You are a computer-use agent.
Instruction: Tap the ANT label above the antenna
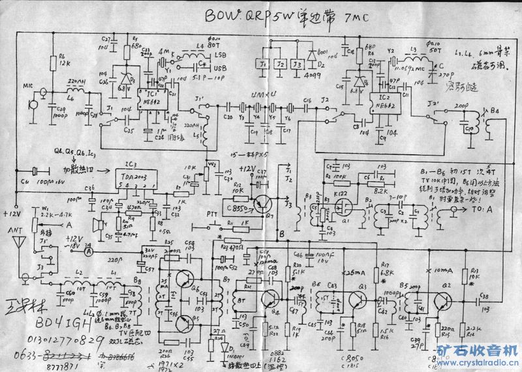[14, 229]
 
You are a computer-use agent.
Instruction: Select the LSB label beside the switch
[221, 56]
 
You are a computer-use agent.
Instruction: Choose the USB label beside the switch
[221, 68]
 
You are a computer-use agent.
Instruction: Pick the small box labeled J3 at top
[298, 65]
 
